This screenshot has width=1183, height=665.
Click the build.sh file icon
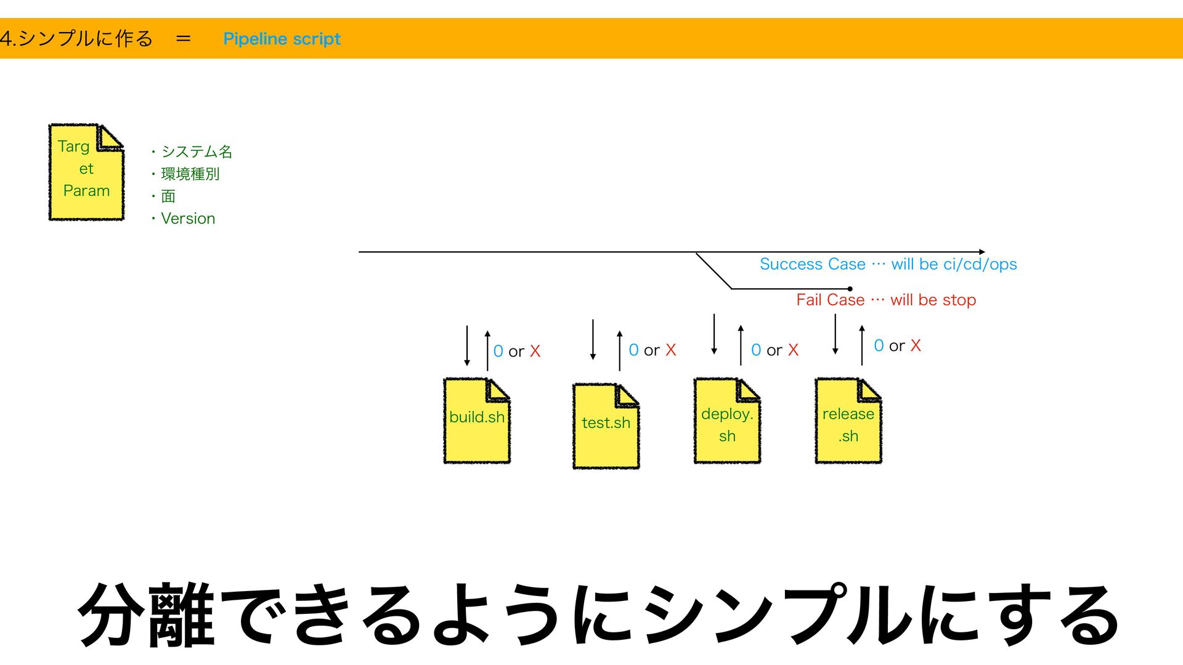point(477,421)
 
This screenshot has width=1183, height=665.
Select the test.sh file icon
point(606,426)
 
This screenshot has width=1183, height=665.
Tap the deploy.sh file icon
point(727,421)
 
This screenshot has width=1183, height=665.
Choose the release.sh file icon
point(848,421)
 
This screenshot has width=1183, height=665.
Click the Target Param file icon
point(86,172)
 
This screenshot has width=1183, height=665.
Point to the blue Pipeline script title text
point(282,39)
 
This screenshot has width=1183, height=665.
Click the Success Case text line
point(888,264)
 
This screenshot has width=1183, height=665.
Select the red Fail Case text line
point(886,300)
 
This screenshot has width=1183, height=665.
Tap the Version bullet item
point(188,219)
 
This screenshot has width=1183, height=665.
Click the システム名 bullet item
point(196,151)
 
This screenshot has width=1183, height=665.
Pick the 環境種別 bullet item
point(190,174)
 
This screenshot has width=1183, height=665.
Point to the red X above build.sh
point(535,351)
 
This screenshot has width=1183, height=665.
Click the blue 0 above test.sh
point(633,350)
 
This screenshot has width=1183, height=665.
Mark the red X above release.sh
point(916,345)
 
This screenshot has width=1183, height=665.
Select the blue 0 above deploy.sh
point(756,350)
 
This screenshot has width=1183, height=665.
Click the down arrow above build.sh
point(467,346)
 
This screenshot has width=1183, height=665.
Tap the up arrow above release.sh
point(862,345)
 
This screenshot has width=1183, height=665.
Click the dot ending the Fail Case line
point(850,289)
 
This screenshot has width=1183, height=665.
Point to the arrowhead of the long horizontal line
point(982,252)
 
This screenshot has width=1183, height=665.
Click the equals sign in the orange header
point(183,39)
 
